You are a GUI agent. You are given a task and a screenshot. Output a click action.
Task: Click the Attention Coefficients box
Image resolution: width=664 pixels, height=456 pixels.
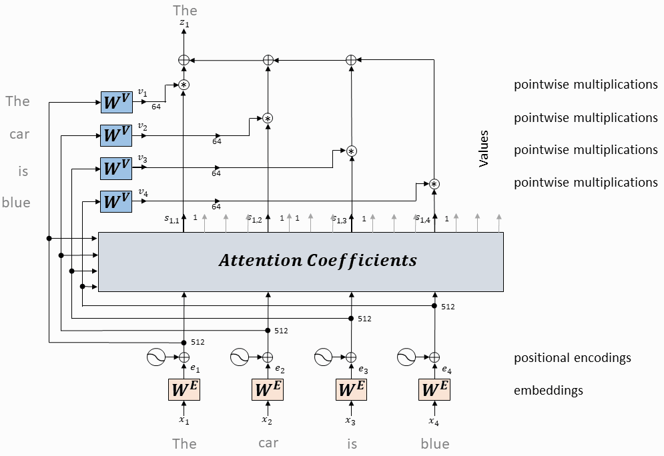point(301,261)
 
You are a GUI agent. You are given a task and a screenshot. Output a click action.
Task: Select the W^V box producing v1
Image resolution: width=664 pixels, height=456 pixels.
point(116,103)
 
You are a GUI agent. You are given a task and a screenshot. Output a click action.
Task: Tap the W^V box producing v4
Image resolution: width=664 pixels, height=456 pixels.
point(116,201)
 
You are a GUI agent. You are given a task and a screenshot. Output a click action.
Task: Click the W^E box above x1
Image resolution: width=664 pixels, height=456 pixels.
point(184,389)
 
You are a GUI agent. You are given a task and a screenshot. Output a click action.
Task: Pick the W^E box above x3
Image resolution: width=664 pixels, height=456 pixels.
point(352,389)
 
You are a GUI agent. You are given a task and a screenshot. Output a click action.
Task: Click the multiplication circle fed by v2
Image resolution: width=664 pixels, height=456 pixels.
point(268,118)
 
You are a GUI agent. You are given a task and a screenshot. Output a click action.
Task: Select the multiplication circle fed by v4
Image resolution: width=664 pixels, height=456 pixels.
point(434,184)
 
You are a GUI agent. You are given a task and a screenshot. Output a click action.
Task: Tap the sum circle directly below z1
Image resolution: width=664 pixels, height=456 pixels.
point(184,60)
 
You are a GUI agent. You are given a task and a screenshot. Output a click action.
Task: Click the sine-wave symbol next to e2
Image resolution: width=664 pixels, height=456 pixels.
point(240,357)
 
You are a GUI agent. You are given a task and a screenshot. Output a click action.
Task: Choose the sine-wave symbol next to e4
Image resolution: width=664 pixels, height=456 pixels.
point(406,357)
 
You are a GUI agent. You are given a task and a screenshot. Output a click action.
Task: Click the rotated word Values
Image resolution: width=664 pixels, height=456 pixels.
point(484,149)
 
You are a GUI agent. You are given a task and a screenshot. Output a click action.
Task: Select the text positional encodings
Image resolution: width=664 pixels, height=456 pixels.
point(572,358)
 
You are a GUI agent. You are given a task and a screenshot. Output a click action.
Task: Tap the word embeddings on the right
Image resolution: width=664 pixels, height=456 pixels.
point(548,391)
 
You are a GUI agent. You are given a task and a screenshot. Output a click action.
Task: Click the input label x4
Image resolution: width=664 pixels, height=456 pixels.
point(434,421)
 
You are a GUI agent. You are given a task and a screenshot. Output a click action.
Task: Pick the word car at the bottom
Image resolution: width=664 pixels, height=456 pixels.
point(268,443)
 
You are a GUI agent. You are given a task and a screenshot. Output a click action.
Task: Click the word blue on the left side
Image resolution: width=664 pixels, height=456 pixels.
point(16,202)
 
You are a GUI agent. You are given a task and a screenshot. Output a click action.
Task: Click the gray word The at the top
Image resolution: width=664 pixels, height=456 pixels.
point(185,10)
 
